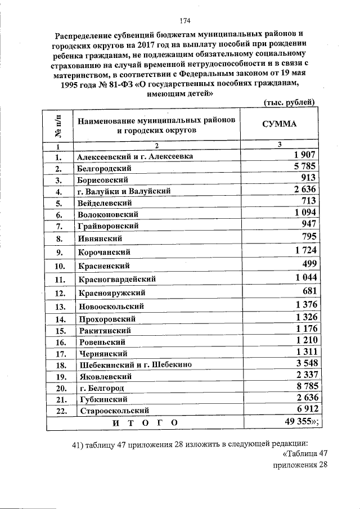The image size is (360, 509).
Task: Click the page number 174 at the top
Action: pyautogui.click(x=185, y=21)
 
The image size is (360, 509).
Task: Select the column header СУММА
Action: pyautogui.click(x=280, y=124)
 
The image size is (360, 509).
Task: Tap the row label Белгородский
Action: pyautogui.click(x=105, y=168)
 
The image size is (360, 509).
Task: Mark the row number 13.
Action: pyautogui.click(x=59, y=307)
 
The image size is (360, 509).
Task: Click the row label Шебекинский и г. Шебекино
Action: pyautogui.click(x=136, y=364)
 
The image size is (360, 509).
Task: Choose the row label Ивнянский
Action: pyautogui.click(x=100, y=238)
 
